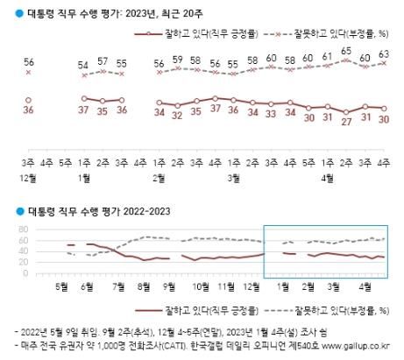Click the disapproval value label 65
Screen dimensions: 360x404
(346, 53)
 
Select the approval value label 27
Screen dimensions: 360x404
(346, 120)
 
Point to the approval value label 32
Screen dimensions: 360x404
(178, 115)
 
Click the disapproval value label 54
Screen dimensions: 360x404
(84, 67)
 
